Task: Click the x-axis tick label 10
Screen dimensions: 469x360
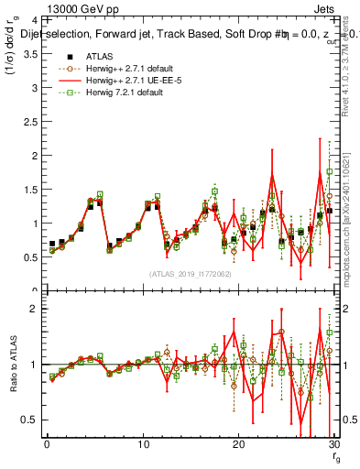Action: (x=142, y=445)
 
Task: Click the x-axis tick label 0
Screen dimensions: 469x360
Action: (x=47, y=445)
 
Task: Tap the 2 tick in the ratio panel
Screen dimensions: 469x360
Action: (x=31, y=309)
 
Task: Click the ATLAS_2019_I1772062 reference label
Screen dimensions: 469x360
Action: (x=190, y=274)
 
